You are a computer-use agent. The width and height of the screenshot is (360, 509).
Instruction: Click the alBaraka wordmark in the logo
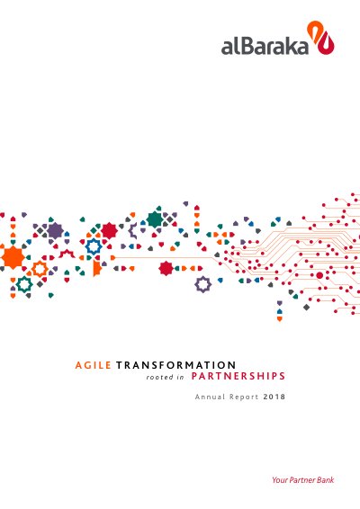pos(265,46)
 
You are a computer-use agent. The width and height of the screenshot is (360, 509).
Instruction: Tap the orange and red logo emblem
pos(320,37)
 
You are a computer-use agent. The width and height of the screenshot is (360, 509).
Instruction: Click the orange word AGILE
pos(94,365)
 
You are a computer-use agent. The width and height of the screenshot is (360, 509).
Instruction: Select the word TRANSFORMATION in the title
pos(176,365)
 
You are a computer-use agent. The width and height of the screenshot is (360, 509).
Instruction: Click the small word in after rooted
pos(181,377)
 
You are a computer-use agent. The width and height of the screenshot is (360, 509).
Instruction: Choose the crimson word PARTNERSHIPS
pos(238,376)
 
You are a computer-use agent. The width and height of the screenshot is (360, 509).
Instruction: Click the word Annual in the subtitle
pos(210,397)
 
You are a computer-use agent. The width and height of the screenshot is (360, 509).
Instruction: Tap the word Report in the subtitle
pos(244,397)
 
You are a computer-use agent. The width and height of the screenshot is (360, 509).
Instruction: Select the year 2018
pos(274,397)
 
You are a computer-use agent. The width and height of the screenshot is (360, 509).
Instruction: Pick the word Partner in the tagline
pos(302,480)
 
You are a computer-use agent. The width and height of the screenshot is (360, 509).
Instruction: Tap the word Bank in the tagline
pos(326,480)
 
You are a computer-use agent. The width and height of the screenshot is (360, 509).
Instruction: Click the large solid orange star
pos(13,257)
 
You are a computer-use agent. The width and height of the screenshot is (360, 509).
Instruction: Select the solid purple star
pos(55,231)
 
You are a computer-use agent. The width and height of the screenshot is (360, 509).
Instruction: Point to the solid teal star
pos(155,219)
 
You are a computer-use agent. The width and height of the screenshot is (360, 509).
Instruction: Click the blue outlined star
pos(94,246)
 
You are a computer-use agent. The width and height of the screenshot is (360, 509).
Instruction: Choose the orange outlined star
pos(40,269)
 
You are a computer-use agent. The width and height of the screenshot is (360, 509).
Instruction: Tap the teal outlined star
pos(24,284)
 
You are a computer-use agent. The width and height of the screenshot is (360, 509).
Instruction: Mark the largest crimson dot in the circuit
pos(319,275)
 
